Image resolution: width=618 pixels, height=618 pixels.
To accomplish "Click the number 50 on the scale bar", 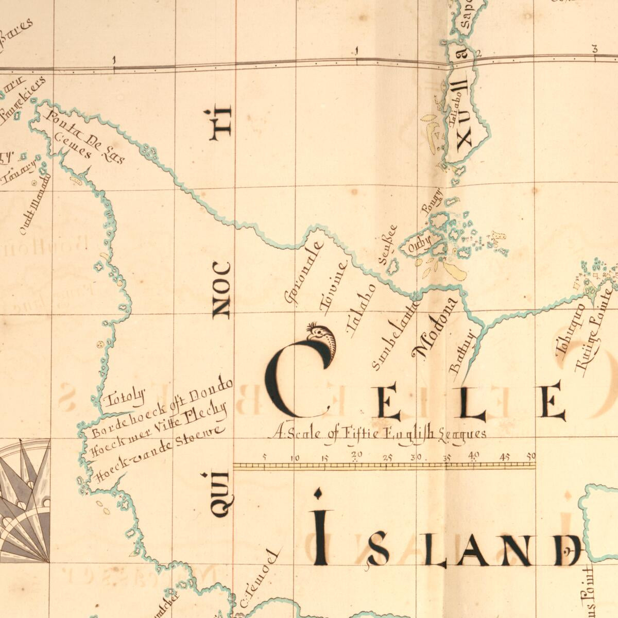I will pos(531,456).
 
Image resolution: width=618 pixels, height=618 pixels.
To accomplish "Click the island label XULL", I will pos(463,116).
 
